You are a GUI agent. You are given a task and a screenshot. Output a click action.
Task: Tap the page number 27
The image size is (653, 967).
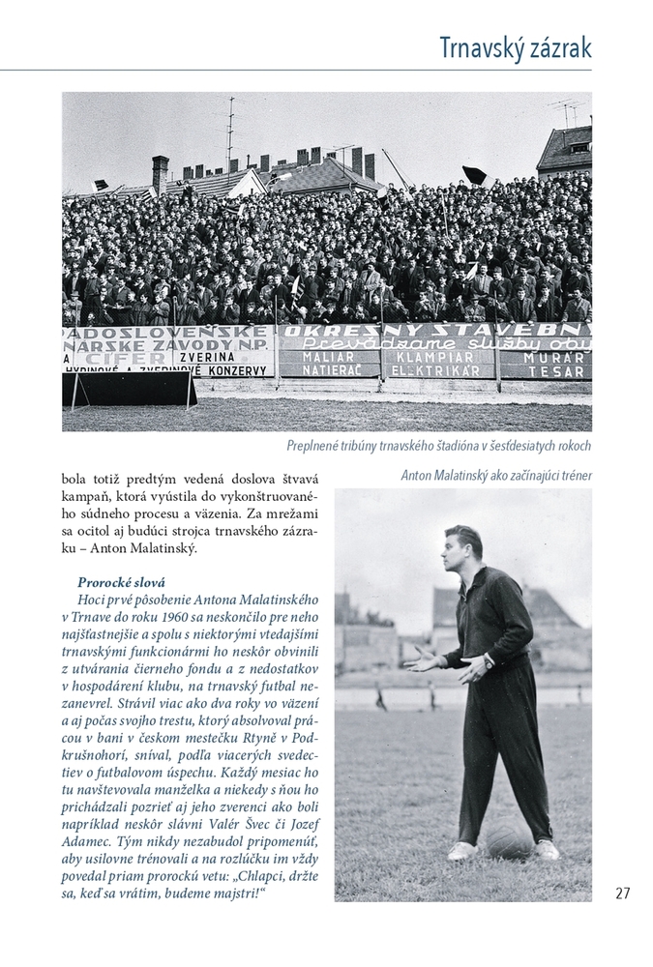(x=622, y=893)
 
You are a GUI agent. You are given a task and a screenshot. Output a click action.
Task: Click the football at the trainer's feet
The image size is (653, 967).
(x=508, y=837)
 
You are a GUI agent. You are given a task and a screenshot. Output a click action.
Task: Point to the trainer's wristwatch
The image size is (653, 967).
(x=490, y=662)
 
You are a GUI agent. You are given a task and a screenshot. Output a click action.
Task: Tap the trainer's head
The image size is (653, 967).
(x=463, y=548)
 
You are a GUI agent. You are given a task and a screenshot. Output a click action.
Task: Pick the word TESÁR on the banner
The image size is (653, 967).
(x=558, y=371)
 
